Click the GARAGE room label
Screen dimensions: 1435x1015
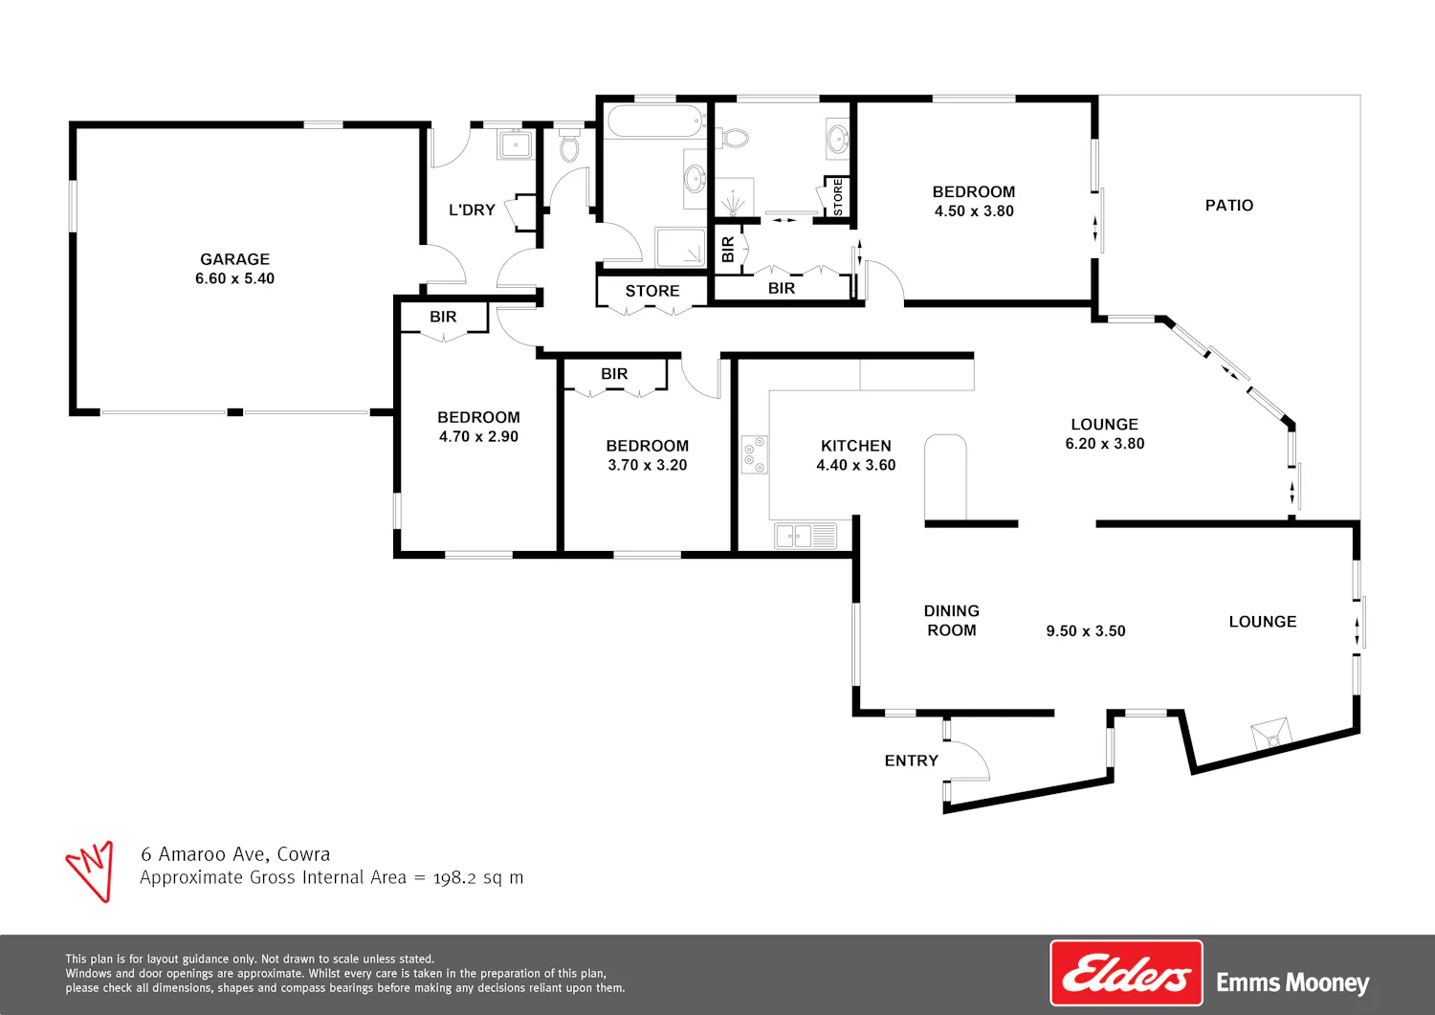[234, 259]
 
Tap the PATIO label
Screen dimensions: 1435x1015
[1228, 205]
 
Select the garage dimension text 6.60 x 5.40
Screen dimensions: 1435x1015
[234, 278]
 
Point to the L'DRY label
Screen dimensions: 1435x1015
[472, 210]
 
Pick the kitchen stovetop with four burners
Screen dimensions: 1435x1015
[755, 454]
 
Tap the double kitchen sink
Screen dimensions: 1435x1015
[806, 536]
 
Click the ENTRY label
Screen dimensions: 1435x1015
[911, 761]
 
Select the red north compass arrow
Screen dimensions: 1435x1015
[91, 871]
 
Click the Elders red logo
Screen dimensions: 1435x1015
[1126, 973]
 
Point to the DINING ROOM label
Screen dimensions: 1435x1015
[951, 620]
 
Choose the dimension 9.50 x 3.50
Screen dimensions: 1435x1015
[1085, 630]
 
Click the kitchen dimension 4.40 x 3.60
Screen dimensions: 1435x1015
[856, 465]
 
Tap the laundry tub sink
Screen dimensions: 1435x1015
[515, 143]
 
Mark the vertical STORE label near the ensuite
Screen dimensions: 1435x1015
[838, 197]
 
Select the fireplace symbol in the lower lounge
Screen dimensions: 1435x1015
[1271, 734]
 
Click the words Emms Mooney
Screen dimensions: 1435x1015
[1292, 982]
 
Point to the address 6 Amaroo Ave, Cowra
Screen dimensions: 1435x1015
[235, 854]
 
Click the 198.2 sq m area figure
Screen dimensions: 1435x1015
[478, 877]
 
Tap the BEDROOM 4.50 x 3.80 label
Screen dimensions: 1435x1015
[974, 201]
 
